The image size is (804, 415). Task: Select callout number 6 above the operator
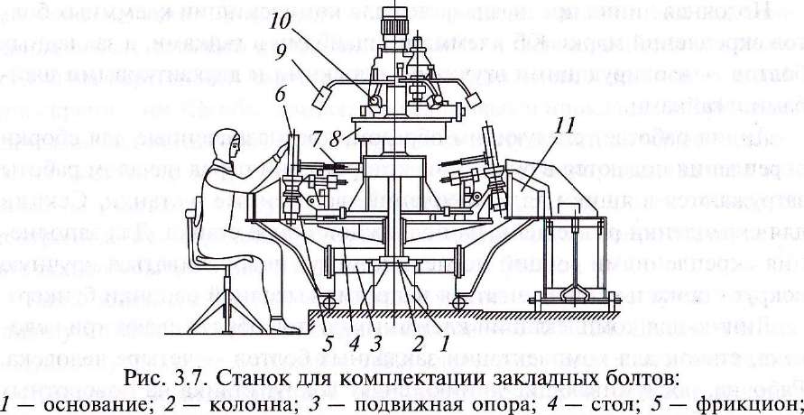[x=281, y=94]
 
